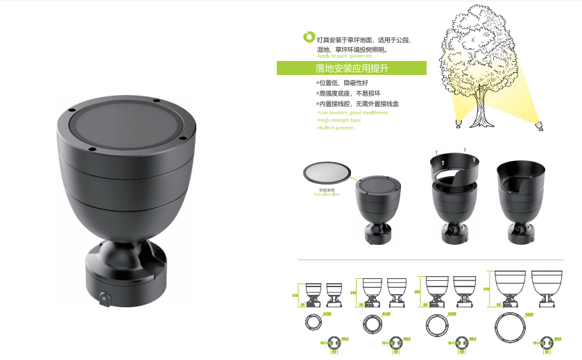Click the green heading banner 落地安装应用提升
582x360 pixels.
352,68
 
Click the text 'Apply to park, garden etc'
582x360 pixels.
344,55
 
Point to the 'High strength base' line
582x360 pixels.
340,120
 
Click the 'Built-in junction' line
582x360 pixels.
336,128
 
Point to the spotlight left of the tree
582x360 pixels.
458,124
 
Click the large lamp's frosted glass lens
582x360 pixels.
126,127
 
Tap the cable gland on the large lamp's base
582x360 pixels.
104,299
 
